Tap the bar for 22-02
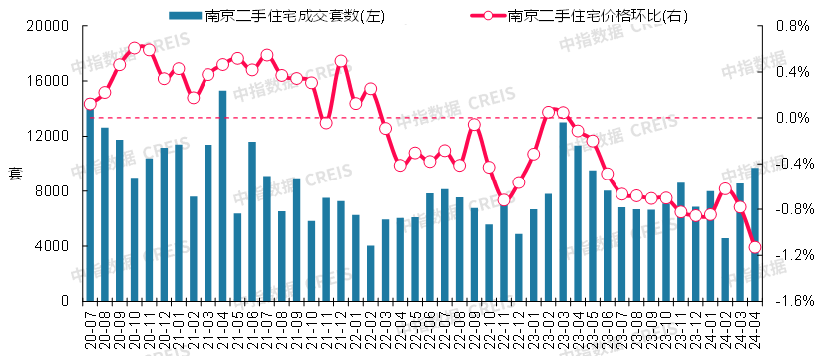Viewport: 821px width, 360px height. tap(370, 273)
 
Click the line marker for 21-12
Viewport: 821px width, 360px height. tap(341, 61)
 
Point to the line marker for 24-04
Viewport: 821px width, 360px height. tap(755, 247)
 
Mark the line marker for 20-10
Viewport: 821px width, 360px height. tap(134, 47)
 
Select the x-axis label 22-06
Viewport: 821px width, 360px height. tap(430, 330)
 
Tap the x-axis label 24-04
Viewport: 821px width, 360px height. tap(755, 330)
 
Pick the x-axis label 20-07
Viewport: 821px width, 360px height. tap(90, 330)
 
